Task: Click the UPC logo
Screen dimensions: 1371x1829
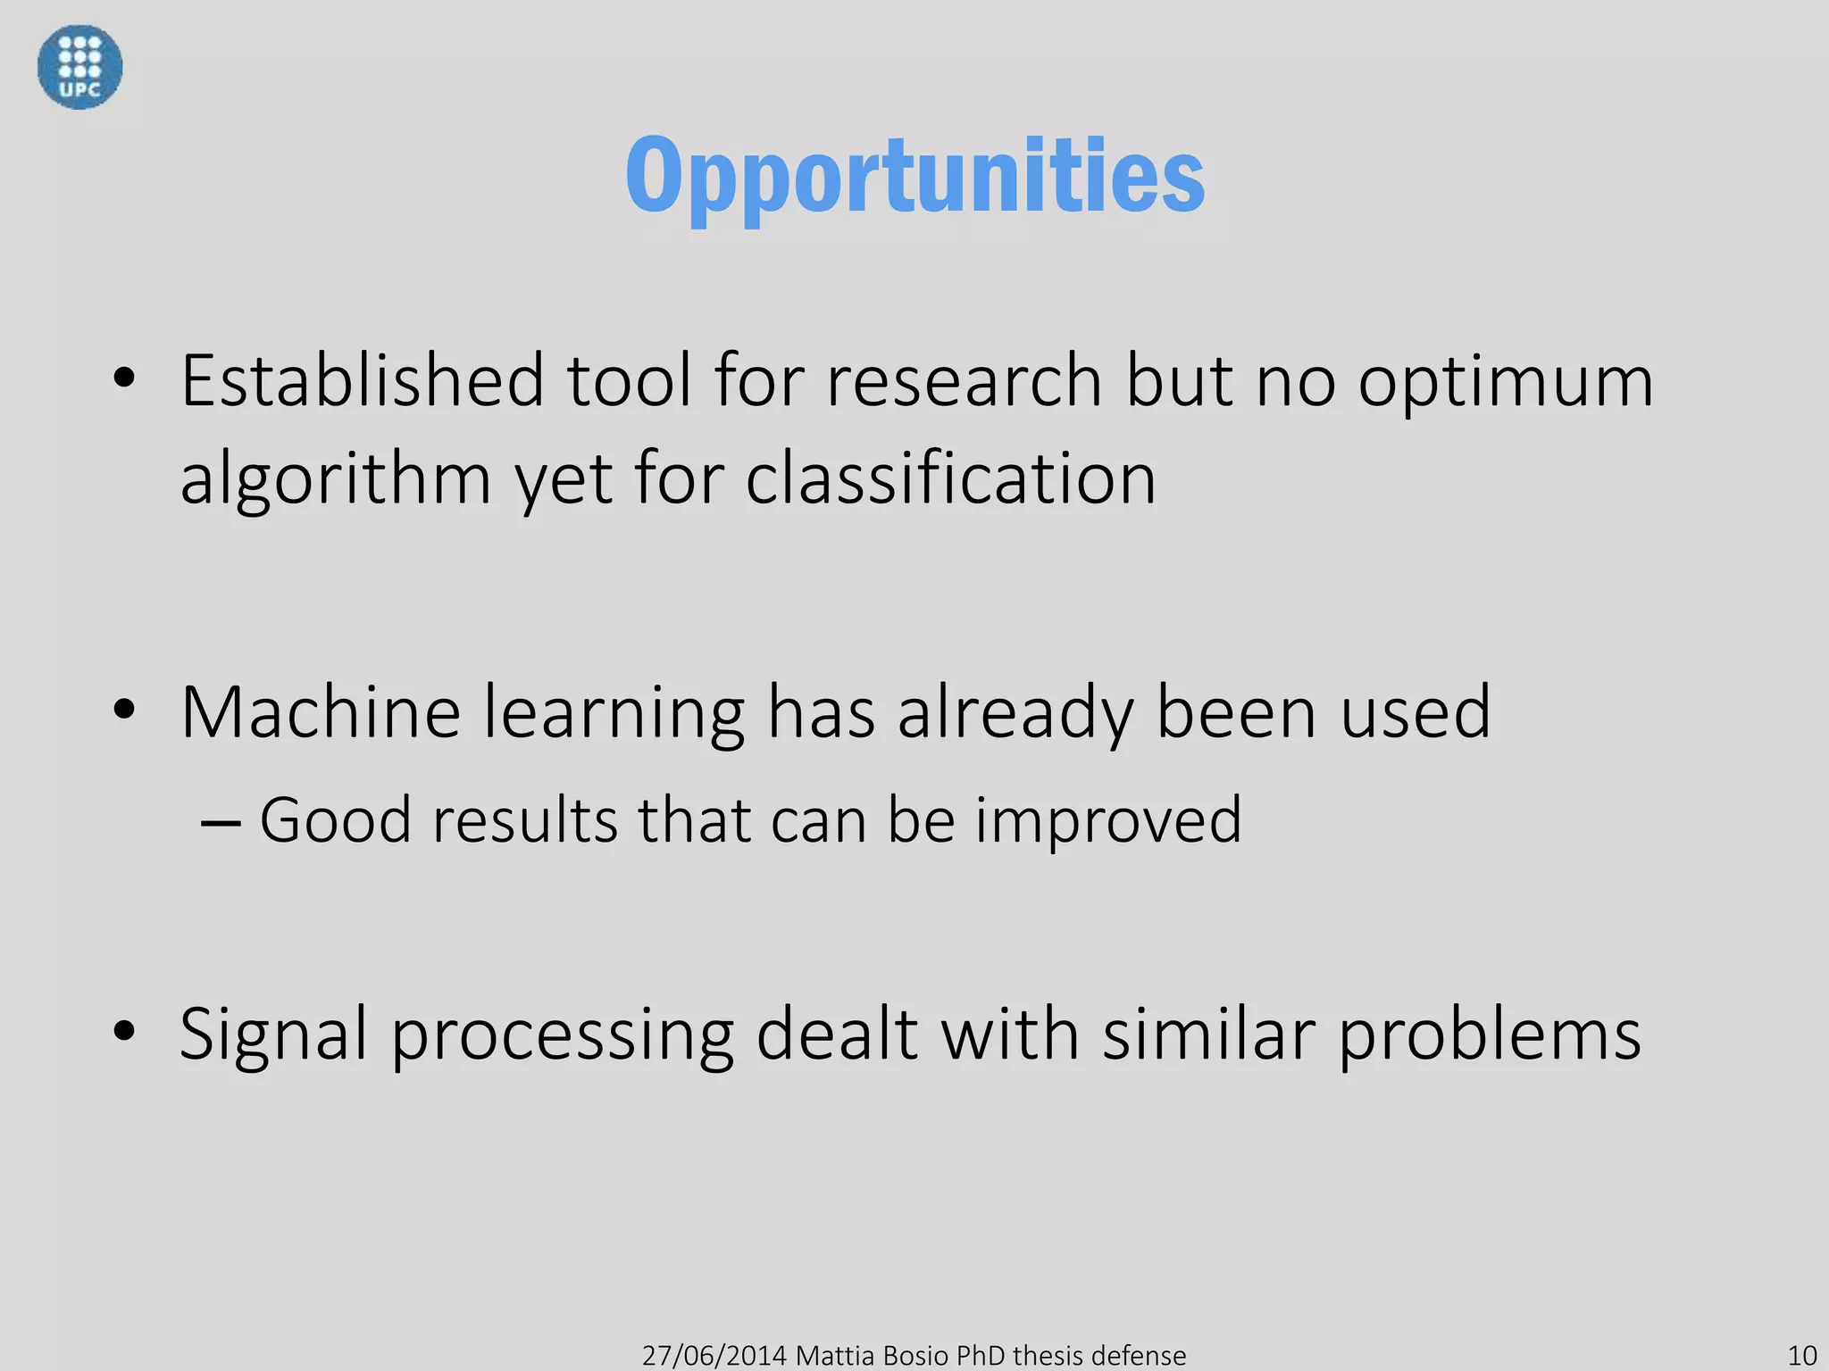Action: pyautogui.click(x=79, y=67)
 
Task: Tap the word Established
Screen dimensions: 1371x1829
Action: pyautogui.click(x=362, y=381)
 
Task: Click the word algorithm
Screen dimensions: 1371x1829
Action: pyautogui.click(x=336, y=480)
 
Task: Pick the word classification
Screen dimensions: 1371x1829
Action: pyautogui.click(x=950, y=478)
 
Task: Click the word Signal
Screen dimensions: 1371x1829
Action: pyautogui.click(x=273, y=1035)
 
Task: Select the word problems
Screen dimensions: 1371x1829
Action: pyautogui.click(x=1489, y=1035)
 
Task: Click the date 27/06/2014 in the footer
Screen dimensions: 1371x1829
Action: pyautogui.click(x=714, y=1355)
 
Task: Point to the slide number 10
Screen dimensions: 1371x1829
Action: pyautogui.click(x=1801, y=1355)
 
